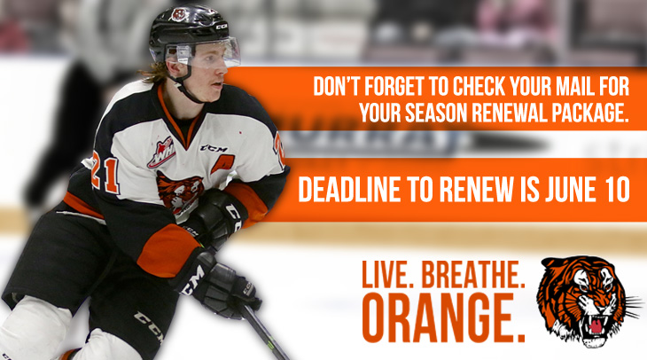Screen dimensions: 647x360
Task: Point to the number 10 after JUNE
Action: tap(617, 190)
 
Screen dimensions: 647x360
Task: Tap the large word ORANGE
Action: tap(443, 317)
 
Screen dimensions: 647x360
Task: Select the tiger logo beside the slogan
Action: tap(586, 301)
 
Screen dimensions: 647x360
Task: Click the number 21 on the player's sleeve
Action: tap(105, 173)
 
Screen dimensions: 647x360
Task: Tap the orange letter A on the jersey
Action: tap(222, 164)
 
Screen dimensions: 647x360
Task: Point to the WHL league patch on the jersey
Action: tap(161, 153)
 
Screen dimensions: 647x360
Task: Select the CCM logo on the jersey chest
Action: tap(214, 148)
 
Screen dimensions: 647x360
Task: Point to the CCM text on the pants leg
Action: tap(150, 326)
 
